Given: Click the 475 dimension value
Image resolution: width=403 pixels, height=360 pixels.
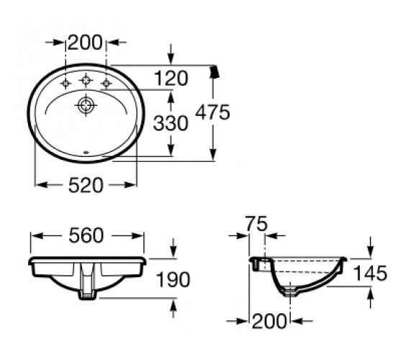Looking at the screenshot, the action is pos(212,112).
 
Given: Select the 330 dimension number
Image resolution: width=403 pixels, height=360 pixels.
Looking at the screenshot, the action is pos(171,123).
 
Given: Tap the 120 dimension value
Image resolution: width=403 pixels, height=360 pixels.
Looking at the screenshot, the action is pos(171,78).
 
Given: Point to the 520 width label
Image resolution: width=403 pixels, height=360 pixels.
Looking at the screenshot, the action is pos(86,185).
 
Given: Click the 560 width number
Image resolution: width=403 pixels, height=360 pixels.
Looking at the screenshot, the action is pos(86,235).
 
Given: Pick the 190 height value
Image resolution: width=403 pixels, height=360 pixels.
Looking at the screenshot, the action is pos(173,279).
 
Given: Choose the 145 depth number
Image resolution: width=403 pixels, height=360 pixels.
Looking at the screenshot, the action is pos(371,273).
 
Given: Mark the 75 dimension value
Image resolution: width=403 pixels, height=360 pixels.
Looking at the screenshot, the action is pos(256,224).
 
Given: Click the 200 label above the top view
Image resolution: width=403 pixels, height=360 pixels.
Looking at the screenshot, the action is pos(86,42).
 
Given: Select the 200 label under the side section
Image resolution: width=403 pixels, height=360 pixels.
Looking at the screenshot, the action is pos(269,321).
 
